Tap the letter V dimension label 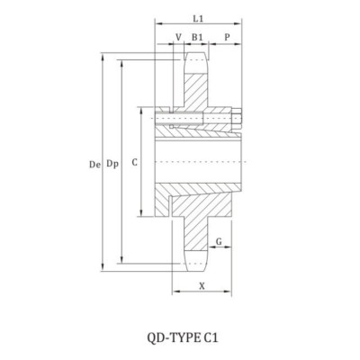178,38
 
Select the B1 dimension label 197,38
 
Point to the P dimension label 227,38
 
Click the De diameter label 95,165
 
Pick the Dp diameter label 112,165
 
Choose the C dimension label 134,164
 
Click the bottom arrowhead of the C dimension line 140,214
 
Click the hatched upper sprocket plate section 197,90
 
